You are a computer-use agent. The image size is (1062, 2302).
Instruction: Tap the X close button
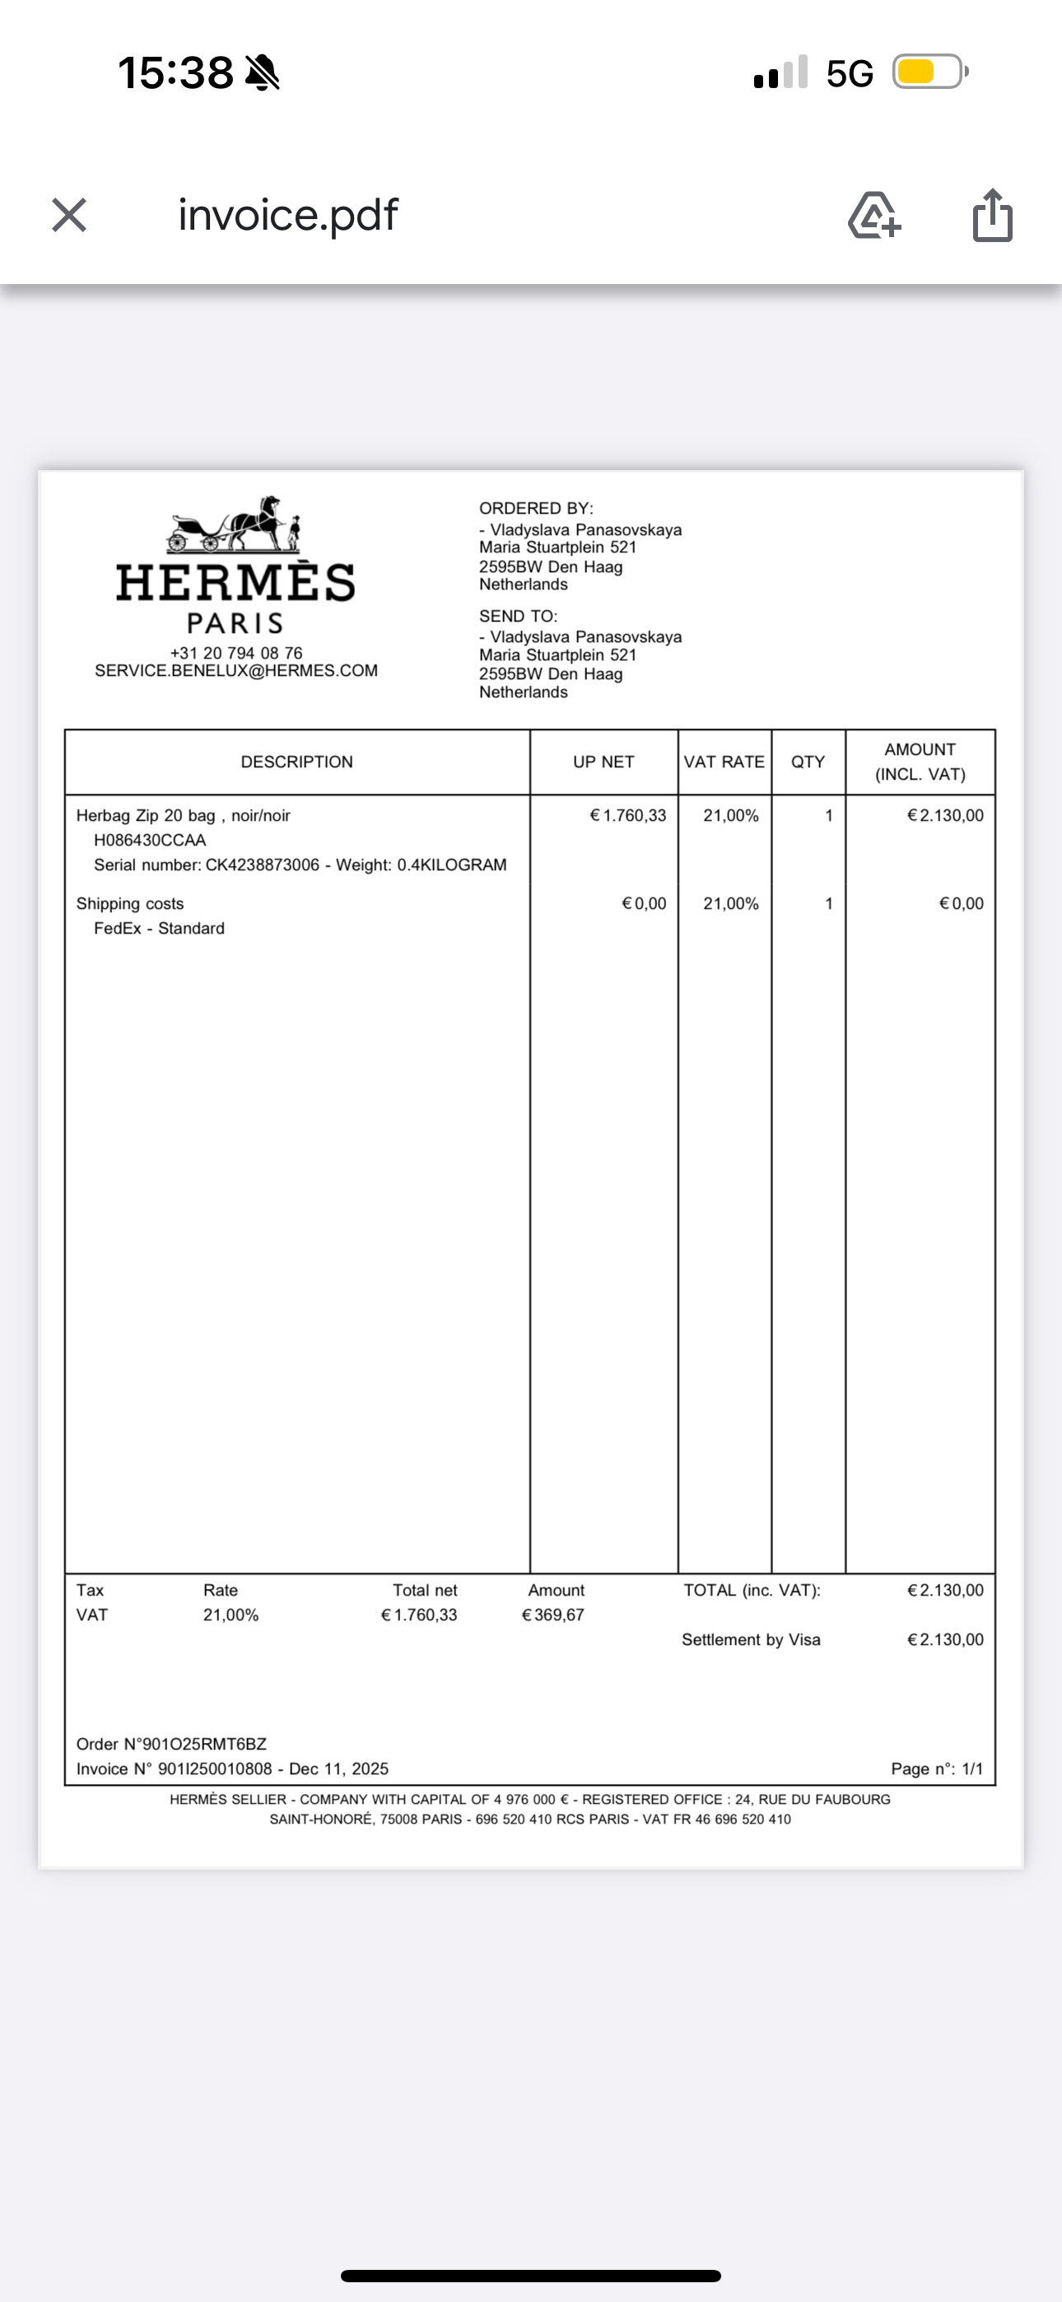pyautogui.click(x=69, y=216)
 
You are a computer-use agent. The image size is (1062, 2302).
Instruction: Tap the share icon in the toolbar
pyautogui.click(x=992, y=216)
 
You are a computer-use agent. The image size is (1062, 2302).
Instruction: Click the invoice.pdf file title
pyautogui.click(x=288, y=216)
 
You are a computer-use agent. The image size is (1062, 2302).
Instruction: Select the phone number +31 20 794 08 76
pyautogui.click(x=236, y=653)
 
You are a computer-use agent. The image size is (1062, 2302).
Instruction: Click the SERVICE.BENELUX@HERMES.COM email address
pyautogui.click(x=236, y=671)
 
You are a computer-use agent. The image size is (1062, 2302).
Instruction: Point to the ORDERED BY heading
pyautogui.click(x=535, y=509)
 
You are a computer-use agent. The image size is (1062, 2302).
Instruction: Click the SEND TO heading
pyautogui.click(x=518, y=617)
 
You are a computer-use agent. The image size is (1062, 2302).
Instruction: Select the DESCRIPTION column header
pyautogui.click(x=297, y=762)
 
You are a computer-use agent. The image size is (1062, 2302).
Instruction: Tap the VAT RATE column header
pyautogui.click(x=724, y=762)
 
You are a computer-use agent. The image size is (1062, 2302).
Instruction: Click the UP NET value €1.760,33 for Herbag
pyautogui.click(x=627, y=816)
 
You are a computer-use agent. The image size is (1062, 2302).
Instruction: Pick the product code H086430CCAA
pyautogui.click(x=150, y=841)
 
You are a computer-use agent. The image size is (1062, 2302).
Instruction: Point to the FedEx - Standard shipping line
pyautogui.click(x=159, y=929)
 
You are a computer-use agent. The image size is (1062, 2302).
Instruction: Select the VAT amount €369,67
pyautogui.click(x=552, y=1615)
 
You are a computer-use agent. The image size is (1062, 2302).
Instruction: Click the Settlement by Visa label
pyautogui.click(x=751, y=1640)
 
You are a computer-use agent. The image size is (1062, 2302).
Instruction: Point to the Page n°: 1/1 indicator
pyautogui.click(x=936, y=1769)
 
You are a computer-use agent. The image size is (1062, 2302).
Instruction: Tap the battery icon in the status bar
pyautogui.click(x=929, y=72)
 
